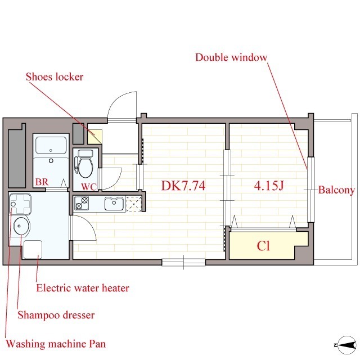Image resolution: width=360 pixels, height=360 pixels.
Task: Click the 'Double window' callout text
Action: pyautogui.click(x=231, y=57)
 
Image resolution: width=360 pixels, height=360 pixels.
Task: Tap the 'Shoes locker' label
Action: pyautogui.click(x=55, y=76)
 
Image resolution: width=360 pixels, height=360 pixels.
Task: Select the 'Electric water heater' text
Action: pyautogui.click(x=83, y=288)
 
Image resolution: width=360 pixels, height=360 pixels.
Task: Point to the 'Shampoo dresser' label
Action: pyautogui.click(x=56, y=315)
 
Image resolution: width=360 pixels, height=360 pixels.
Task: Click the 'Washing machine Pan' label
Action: pyautogui.click(x=56, y=344)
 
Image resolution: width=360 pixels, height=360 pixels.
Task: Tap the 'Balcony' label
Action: pyautogui.click(x=336, y=190)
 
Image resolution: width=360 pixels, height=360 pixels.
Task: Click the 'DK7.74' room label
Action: pyautogui.click(x=183, y=186)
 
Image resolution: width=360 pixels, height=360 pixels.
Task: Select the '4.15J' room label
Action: pyautogui.click(x=269, y=186)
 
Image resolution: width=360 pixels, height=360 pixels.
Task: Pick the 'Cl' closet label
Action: pyautogui.click(x=263, y=246)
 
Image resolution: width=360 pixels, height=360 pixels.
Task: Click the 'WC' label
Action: pyautogui.click(x=89, y=187)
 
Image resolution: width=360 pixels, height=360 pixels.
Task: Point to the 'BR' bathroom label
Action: pyautogui.click(x=42, y=182)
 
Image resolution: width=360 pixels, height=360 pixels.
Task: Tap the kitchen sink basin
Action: pyautogui.click(x=114, y=204)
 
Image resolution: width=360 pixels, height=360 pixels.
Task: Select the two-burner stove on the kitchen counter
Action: pyautogui.click(x=82, y=203)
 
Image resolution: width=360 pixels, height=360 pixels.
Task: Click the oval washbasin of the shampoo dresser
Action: pyautogui.click(x=21, y=226)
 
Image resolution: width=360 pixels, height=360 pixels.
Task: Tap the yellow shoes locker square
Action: pyautogui.click(x=94, y=137)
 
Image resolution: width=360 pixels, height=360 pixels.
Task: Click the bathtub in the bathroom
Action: pyautogui.click(x=51, y=145)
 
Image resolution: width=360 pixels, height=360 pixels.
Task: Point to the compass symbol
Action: pyautogui.click(x=346, y=345)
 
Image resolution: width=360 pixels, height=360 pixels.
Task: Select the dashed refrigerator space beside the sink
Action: pyautogui.click(x=134, y=204)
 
